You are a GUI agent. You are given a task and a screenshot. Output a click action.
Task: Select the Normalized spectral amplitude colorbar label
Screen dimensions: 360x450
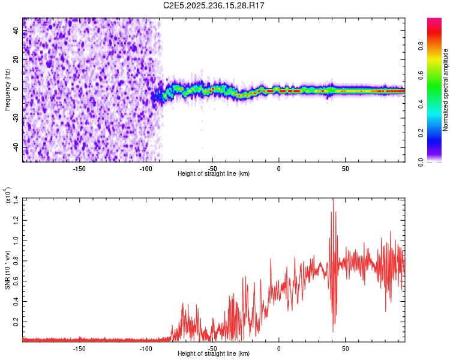tap(446, 90)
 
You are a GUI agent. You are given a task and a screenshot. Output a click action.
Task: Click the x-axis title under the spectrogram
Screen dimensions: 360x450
tap(214, 173)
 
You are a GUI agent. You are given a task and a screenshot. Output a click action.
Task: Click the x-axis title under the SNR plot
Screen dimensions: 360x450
tap(214, 353)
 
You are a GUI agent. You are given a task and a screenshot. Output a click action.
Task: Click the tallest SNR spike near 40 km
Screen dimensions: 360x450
tap(333, 200)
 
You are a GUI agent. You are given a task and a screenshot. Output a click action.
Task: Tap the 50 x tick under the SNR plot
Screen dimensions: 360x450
tap(345, 348)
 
